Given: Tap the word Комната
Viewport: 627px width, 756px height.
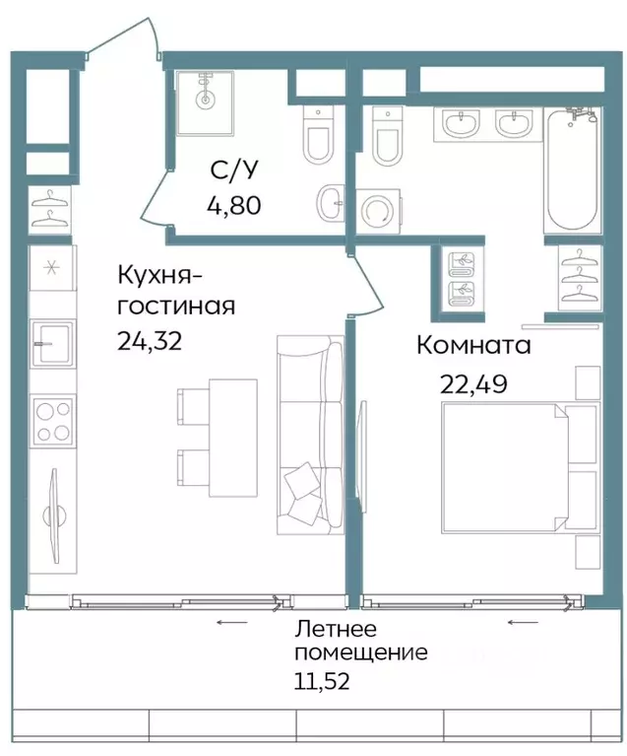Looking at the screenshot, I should (472, 345).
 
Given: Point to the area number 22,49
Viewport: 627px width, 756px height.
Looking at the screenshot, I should (472, 383).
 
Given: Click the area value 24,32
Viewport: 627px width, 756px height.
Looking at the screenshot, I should (150, 341).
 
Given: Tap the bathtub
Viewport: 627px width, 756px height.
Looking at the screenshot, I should (571, 172).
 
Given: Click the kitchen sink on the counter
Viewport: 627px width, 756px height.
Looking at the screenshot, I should (48, 345).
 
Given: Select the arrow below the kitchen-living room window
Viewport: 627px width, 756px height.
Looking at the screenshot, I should (231, 622).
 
